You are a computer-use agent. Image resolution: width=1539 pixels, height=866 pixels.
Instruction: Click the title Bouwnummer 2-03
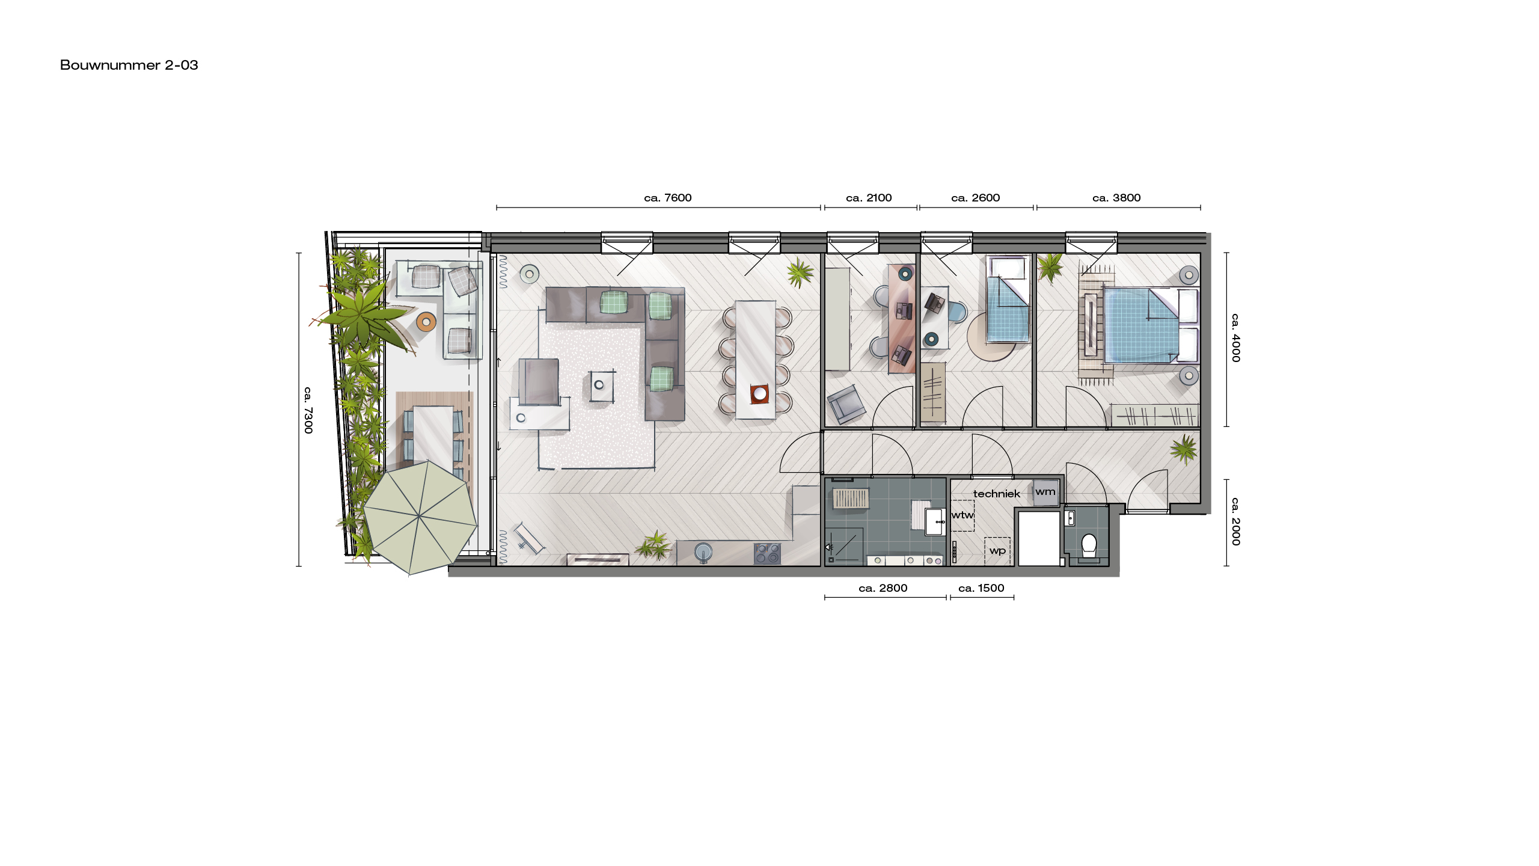click(x=129, y=65)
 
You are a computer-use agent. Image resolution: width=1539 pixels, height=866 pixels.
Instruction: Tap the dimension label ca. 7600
click(x=668, y=198)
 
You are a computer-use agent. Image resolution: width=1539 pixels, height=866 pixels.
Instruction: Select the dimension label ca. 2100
click(x=869, y=198)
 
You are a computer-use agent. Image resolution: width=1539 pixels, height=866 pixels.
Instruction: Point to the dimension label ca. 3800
click(x=1116, y=198)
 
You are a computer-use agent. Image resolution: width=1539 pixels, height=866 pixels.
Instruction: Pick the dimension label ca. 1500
click(x=981, y=588)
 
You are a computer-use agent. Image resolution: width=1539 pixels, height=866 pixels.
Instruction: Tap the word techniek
click(x=997, y=494)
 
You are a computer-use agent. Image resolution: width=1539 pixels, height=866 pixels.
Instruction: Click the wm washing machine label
click(x=1045, y=491)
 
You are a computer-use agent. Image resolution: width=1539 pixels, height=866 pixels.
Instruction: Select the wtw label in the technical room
click(x=962, y=515)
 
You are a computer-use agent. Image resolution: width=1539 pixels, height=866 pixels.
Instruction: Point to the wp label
click(x=997, y=550)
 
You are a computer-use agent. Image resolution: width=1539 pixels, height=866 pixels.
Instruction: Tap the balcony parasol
click(x=420, y=517)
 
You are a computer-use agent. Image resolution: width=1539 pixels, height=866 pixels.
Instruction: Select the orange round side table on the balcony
click(x=426, y=322)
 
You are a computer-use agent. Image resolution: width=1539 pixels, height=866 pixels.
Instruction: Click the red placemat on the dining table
click(x=760, y=393)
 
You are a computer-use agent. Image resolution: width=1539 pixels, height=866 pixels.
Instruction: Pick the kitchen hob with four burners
click(x=767, y=553)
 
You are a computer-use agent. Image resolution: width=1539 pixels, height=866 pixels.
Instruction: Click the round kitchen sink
click(x=703, y=551)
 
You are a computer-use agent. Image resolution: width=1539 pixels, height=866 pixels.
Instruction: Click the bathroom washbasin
click(x=935, y=521)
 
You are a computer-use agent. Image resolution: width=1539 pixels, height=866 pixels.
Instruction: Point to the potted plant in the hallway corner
click(x=1184, y=449)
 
